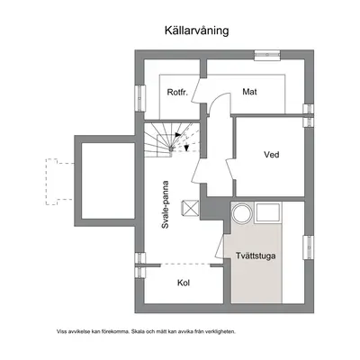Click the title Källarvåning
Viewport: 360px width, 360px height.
pyautogui.click(x=196, y=31)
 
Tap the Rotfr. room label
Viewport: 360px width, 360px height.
pyautogui.click(x=177, y=92)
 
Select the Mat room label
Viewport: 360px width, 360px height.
pyautogui.click(x=249, y=92)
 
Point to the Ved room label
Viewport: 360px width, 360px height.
pyautogui.click(x=272, y=155)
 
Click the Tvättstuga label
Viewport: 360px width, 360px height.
pyautogui.click(x=256, y=256)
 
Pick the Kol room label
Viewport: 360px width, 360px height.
pyautogui.click(x=184, y=283)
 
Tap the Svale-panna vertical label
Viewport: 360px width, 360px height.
pyautogui.click(x=166, y=205)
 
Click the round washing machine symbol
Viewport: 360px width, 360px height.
pyautogui.click(x=242, y=213)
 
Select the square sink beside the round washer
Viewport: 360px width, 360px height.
pyautogui.click(x=268, y=212)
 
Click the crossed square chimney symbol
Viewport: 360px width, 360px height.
pyautogui.click(x=190, y=208)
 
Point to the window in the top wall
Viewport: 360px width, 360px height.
pyautogui.click(x=267, y=55)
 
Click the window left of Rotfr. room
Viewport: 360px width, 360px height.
pyautogui.click(x=140, y=98)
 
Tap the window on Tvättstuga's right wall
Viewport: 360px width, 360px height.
pyautogui.click(x=309, y=247)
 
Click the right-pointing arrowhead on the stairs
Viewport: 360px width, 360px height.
pyautogui.click(x=178, y=135)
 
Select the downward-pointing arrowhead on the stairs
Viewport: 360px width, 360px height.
pyautogui.click(x=186, y=148)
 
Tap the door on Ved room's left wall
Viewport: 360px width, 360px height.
pyautogui.click(x=230, y=170)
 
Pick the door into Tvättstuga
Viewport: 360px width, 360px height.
pyautogui.click(x=220, y=247)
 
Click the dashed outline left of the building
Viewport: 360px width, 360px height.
pyautogui.click(x=57, y=182)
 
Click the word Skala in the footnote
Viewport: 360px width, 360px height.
pyautogui.click(x=137, y=331)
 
